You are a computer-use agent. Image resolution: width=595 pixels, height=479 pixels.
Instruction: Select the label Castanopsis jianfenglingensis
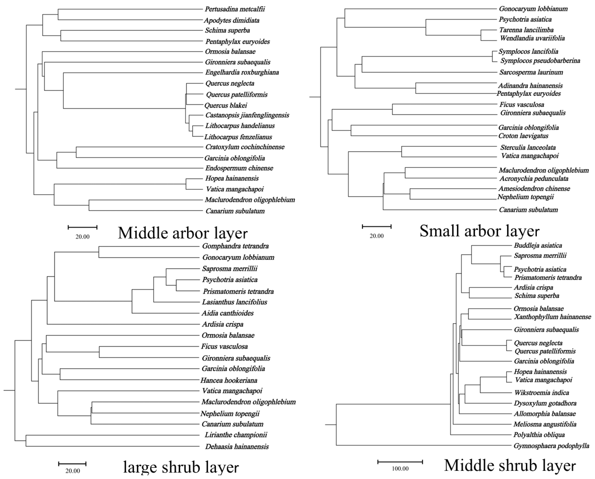click(247, 115)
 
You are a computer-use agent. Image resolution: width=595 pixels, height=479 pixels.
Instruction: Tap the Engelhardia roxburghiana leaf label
click(242, 72)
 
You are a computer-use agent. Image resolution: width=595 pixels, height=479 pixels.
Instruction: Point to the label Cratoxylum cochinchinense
click(244, 147)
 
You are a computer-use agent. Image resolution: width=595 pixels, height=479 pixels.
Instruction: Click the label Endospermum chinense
click(239, 168)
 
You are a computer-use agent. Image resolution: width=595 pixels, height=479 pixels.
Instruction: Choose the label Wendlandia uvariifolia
click(532, 38)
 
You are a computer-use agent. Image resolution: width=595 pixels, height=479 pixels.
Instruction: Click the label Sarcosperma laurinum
click(531, 72)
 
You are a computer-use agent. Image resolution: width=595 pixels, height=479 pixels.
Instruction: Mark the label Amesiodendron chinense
click(534, 189)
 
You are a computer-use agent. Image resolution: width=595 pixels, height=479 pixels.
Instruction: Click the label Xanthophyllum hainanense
click(552, 317)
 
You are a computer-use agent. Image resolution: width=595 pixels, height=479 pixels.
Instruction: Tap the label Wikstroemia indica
click(541, 393)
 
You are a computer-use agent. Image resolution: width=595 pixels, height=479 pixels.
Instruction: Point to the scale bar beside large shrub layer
click(72, 464)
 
